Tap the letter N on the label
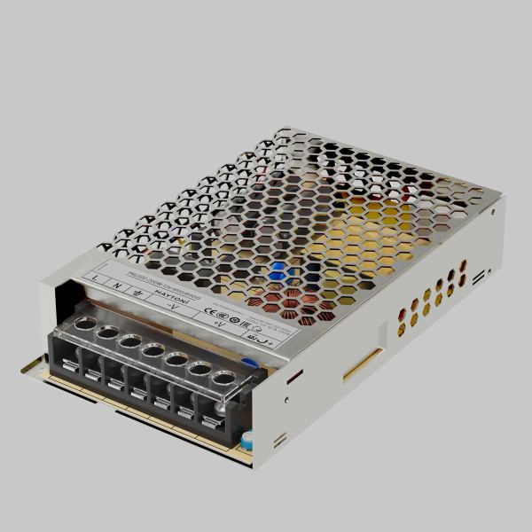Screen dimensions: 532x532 [118, 285]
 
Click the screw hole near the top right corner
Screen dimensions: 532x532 [492, 213]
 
